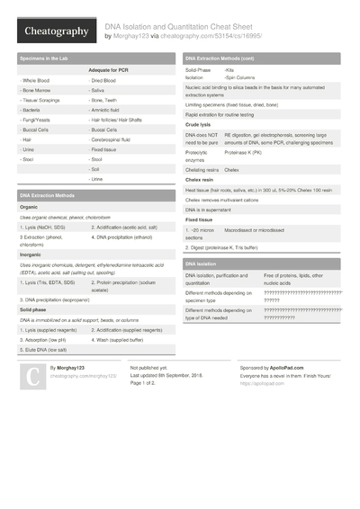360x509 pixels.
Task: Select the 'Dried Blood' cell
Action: [107, 80]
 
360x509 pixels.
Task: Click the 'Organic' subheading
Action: [29, 207]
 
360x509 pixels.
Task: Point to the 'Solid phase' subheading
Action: [33, 309]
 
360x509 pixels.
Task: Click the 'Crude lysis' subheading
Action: [199, 124]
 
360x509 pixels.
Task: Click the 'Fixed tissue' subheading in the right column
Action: [200, 219]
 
